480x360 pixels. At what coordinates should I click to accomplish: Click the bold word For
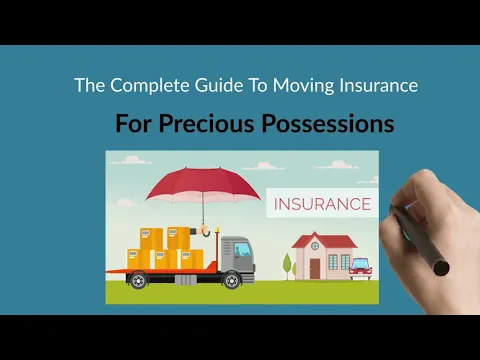point(135,125)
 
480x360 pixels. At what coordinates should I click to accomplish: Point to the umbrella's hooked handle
point(211,229)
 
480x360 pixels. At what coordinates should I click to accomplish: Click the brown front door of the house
point(315,267)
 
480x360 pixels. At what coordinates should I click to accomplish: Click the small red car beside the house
point(361,268)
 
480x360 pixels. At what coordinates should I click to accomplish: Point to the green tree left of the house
point(287,264)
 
